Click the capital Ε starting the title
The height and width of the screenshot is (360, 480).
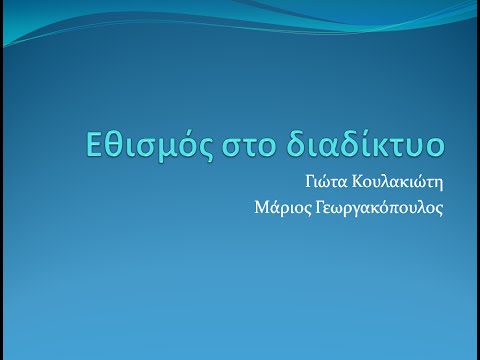click(91, 146)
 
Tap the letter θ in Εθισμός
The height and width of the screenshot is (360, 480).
click(110, 146)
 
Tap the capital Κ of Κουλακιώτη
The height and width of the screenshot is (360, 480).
click(358, 184)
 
